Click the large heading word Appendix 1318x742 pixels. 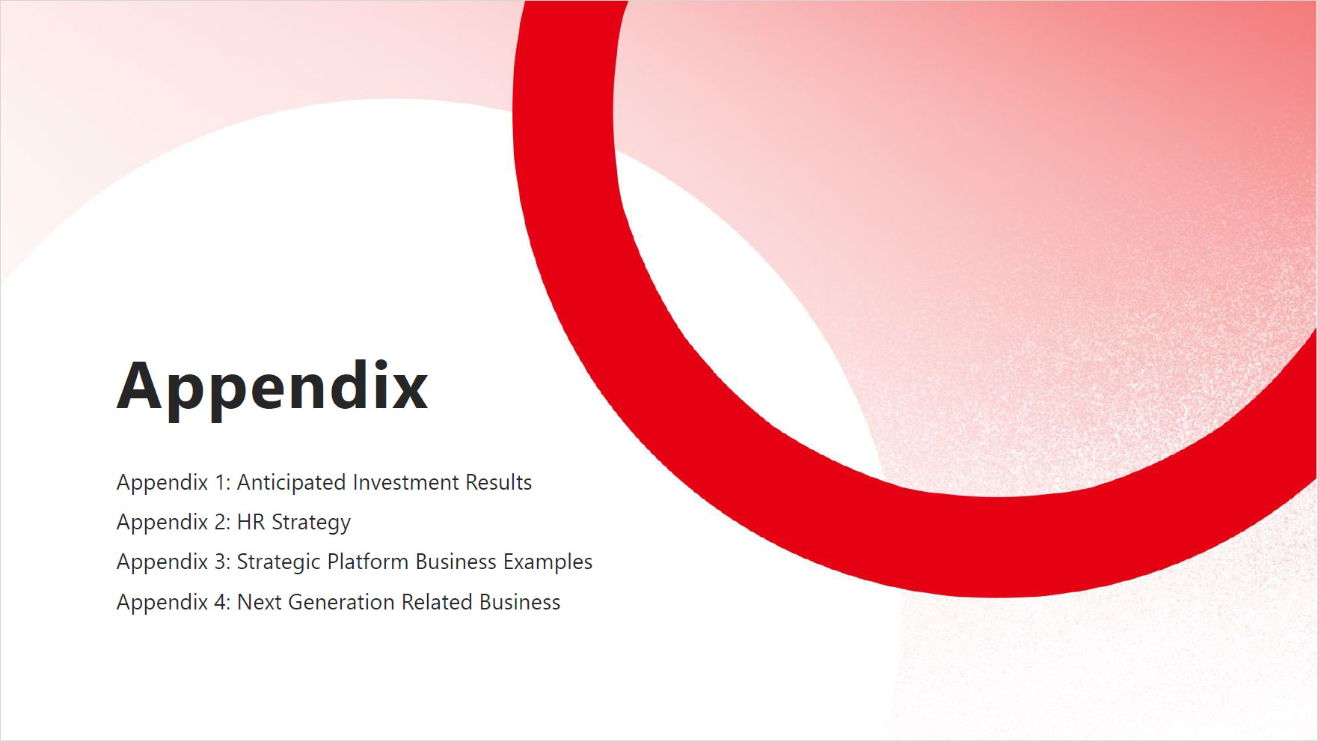pyautogui.click(x=272, y=388)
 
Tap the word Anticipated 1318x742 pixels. pyautogui.click(x=291, y=483)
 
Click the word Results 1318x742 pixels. pyautogui.click(x=498, y=482)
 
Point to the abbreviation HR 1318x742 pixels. pyautogui.click(x=251, y=522)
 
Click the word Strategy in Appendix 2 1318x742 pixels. pyautogui.click(x=310, y=523)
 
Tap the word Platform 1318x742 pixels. pyautogui.click(x=367, y=562)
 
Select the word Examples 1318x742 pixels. pyautogui.click(x=548, y=562)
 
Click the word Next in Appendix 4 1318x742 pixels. pyautogui.click(x=259, y=602)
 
